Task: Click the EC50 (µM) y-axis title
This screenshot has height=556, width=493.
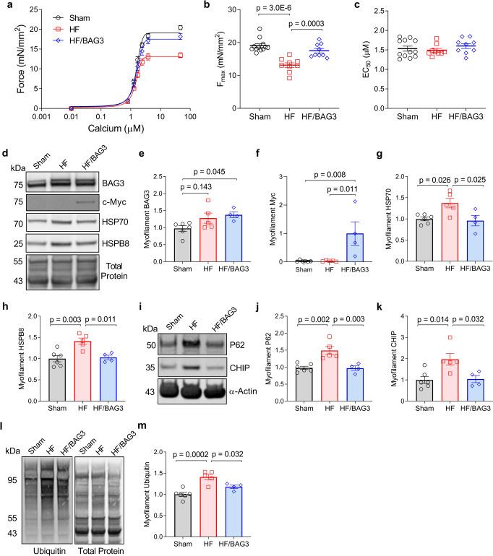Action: [x=346, y=61]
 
